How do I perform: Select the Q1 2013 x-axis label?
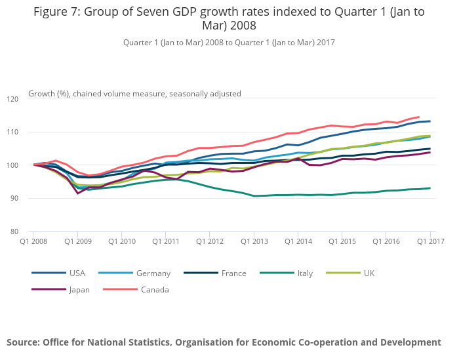tap(254, 242)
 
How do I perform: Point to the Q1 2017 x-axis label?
tap(430, 242)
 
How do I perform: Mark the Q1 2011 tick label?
tap(165, 242)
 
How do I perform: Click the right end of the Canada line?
tap(419, 117)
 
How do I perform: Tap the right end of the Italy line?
tap(430, 188)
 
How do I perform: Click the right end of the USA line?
tap(430, 121)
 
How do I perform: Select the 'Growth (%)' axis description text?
tap(49, 94)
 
